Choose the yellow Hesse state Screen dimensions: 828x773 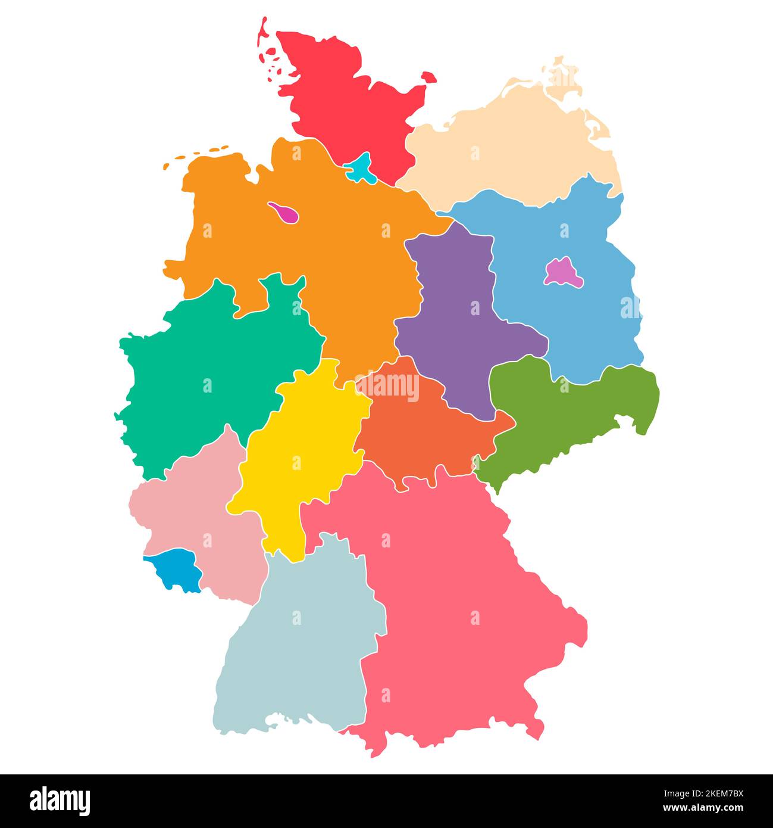pyautogui.click(x=298, y=453)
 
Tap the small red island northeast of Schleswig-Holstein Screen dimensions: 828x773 pyautogui.click(x=428, y=77)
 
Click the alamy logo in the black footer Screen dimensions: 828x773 pyautogui.click(x=60, y=801)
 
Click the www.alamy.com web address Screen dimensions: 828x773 pyautogui.click(x=702, y=808)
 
